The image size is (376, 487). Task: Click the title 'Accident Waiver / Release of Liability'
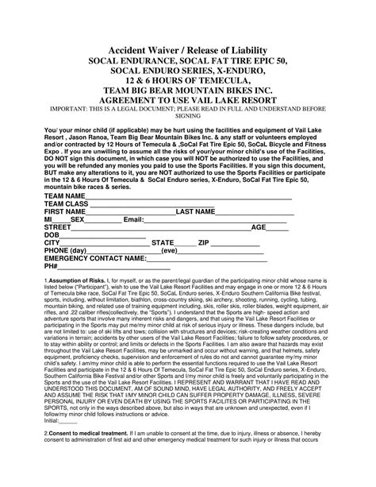[x=187, y=49]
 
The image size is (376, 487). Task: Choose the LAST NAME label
[x=196, y=213]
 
